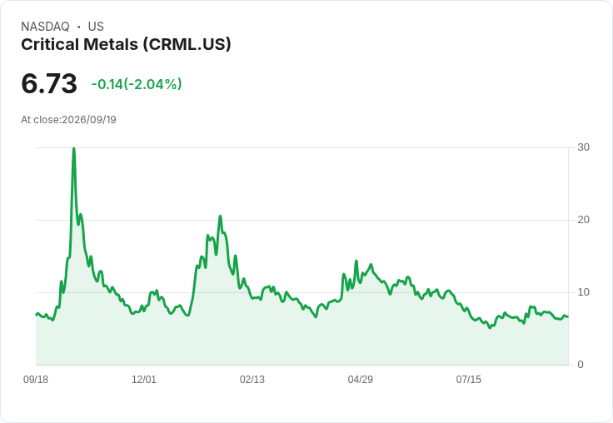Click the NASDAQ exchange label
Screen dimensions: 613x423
(x=45, y=27)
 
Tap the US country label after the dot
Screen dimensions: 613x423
(x=96, y=27)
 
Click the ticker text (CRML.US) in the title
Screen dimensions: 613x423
(x=187, y=45)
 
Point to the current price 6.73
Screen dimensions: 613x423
(x=49, y=83)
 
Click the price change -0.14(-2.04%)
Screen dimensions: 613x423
(x=137, y=84)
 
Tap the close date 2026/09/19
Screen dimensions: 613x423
(x=89, y=120)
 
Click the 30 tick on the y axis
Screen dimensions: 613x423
(x=583, y=147)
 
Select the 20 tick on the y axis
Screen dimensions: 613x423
(x=583, y=220)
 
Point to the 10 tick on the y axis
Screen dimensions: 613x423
(x=583, y=292)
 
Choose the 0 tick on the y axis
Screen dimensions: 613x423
(x=581, y=365)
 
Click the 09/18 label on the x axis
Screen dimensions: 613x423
(x=36, y=380)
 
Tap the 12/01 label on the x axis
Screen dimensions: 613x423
(x=144, y=380)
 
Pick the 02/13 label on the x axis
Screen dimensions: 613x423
(x=252, y=380)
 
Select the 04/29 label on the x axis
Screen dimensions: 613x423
(x=360, y=380)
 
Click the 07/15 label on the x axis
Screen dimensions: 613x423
(x=468, y=380)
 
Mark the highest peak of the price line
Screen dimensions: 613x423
(x=74, y=148)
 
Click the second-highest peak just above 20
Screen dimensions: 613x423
(x=220, y=216)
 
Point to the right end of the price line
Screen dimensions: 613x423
(x=568, y=316)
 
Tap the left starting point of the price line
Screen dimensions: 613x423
(x=37, y=314)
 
